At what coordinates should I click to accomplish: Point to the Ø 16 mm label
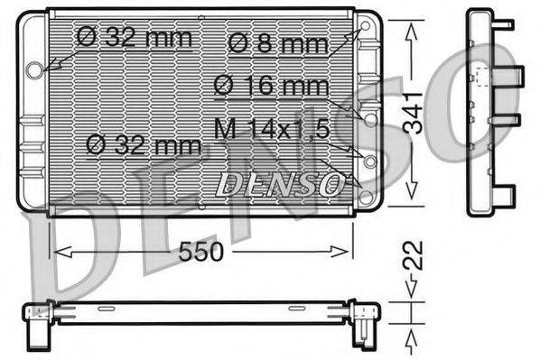tap(272, 87)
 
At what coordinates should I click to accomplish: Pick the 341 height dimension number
tap(413, 113)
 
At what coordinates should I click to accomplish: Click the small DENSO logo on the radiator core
tap(281, 184)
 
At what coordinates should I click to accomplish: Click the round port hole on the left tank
tap(35, 69)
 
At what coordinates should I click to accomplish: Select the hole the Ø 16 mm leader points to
tap(369, 116)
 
